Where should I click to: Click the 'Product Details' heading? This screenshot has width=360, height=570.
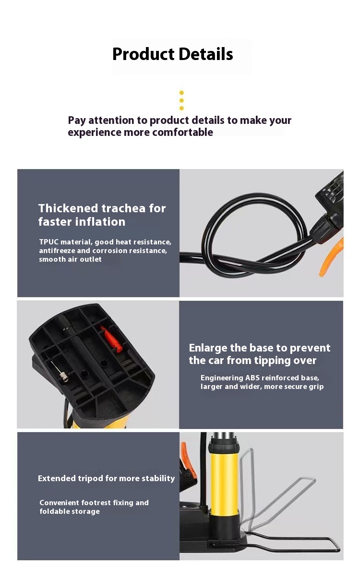[x=173, y=54]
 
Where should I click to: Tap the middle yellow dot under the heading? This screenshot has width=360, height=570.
[x=181, y=101]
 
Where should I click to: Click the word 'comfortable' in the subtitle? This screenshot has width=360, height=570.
[x=183, y=133]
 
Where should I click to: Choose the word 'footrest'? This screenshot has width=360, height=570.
[x=99, y=503]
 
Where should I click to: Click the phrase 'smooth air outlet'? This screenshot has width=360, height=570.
[x=70, y=259]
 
